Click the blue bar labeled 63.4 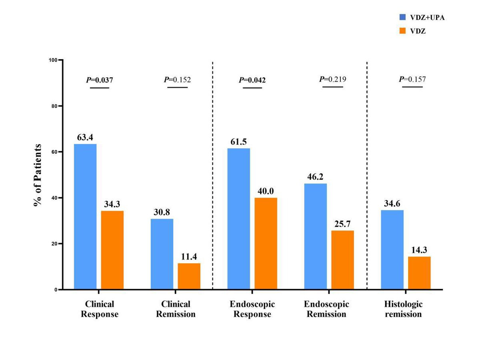tap(85, 216)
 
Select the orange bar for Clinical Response tap(112, 250)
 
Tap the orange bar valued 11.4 tap(189, 276)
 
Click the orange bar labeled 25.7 tap(343, 260)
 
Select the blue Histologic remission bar tap(392, 250)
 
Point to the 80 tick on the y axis tap(55, 106)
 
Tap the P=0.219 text tap(333, 79)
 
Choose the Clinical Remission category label tap(176, 309)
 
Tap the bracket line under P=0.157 tap(412, 86)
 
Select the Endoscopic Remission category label tap(327, 309)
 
